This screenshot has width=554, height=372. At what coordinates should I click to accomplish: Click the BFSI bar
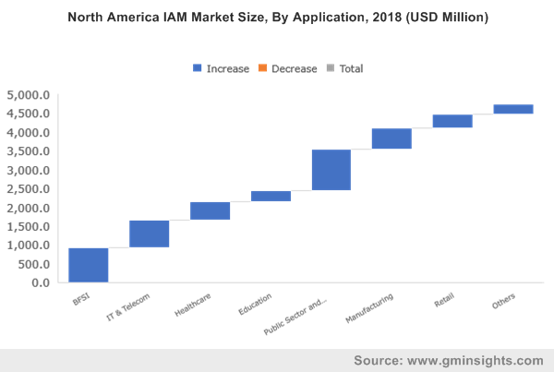(88, 265)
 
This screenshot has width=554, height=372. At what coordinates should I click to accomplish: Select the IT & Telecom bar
(149, 234)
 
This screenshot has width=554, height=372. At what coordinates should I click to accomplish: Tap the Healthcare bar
(210, 210)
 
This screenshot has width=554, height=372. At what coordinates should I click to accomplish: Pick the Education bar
(271, 196)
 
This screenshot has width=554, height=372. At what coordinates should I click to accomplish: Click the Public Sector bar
(331, 170)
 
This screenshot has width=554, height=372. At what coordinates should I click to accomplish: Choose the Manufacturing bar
(391, 138)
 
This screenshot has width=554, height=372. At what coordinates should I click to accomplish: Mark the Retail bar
(452, 121)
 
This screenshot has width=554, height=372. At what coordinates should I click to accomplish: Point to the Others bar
(513, 109)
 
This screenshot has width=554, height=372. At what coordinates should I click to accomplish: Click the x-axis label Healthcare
(195, 306)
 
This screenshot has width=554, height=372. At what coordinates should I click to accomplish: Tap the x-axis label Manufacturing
(371, 309)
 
